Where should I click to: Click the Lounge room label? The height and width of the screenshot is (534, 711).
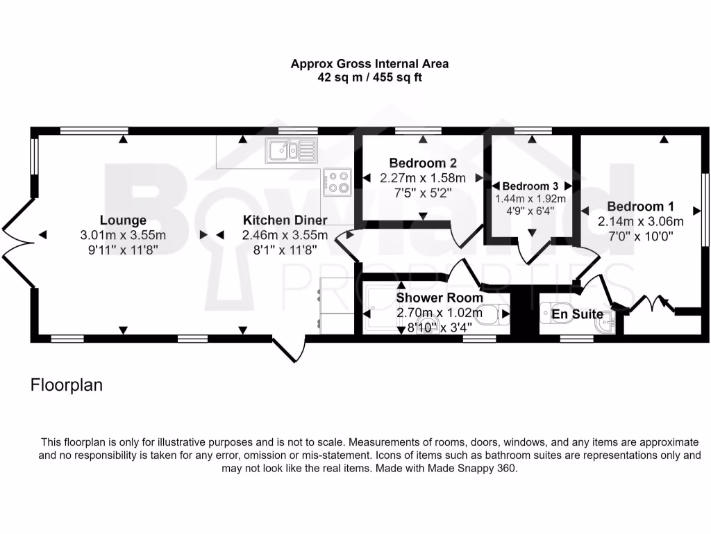click(123, 220)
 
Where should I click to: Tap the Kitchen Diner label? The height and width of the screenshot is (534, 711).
click(285, 220)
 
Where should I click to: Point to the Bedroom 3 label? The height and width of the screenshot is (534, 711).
click(530, 186)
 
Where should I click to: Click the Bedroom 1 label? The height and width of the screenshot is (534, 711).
click(641, 207)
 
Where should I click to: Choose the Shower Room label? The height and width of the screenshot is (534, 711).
click(440, 298)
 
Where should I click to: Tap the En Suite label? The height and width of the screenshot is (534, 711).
click(577, 314)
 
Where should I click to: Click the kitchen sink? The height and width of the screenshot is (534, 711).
click(290, 150)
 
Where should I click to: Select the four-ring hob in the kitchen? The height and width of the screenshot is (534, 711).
click(338, 181)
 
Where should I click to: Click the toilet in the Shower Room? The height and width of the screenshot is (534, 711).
click(495, 315)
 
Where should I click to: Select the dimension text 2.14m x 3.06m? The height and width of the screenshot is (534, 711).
click(641, 222)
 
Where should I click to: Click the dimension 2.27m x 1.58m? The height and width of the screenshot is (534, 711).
click(423, 179)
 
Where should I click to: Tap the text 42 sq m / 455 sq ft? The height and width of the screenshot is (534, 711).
click(369, 77)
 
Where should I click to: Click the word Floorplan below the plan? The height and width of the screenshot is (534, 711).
click(67, 385)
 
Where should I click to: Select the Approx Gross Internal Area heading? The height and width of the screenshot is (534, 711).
click(369, 63)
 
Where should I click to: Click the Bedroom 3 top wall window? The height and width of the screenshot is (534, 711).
click(533, 130)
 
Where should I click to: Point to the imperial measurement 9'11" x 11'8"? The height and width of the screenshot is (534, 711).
click(123, 250)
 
